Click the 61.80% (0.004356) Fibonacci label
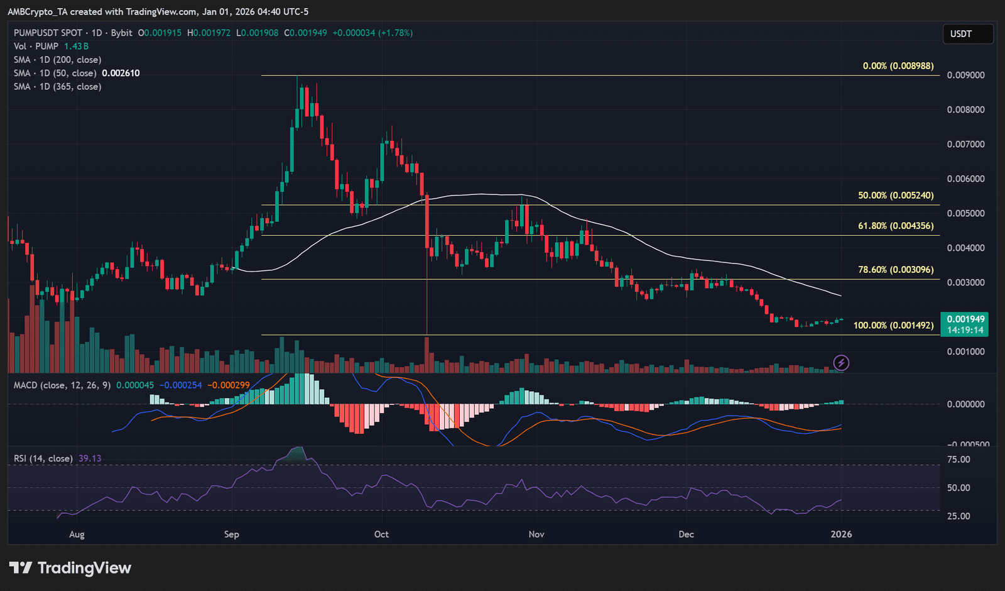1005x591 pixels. coord(896,226)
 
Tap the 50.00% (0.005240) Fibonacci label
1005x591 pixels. coord(896,196)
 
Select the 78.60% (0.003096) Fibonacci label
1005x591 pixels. coord(896,270)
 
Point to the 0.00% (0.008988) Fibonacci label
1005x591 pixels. coord(898,66)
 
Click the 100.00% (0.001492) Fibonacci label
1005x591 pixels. coord(893,325)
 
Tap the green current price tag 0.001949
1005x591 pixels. coord(964,324)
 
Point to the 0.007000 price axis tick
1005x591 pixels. coord(966,144)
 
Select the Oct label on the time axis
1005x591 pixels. coord(381,534)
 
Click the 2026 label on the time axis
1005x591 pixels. coord(841,534)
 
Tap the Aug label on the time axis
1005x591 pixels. coord(77,534)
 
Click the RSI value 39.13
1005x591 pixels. coord(90,458)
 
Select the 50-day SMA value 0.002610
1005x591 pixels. coord(121,73)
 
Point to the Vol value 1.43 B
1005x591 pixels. coord(76,47)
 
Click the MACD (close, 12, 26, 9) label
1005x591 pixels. coord(62,385)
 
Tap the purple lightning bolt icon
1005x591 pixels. coord(841,362)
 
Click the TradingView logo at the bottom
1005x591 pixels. coord(70,568)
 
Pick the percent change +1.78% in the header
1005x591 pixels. coord(395,33)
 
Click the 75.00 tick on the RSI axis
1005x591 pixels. coord(959,460)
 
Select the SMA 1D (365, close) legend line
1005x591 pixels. coord(57,87)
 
